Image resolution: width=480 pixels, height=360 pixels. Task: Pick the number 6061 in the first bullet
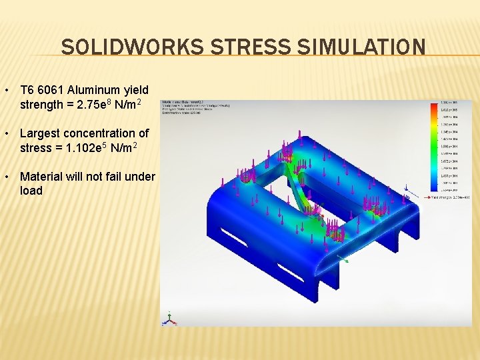point(50,90)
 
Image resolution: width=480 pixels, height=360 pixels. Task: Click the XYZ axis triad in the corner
point(171,318)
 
